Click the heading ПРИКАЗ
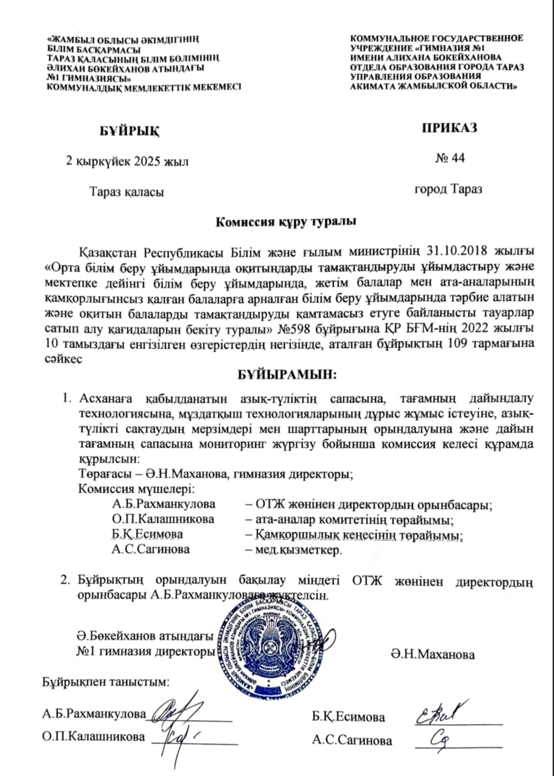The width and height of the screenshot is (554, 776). [449, 128]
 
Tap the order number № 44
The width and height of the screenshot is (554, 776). [450, 158]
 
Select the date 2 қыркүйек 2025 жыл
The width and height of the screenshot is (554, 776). [127, 161]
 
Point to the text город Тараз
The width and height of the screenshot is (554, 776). [449, 189]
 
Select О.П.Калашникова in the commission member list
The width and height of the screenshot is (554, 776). [163, 519]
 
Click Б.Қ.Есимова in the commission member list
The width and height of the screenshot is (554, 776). [148, 534]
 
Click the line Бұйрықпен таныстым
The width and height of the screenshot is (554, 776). [106, 682]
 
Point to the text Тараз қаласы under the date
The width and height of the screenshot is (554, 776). [127, 191]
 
